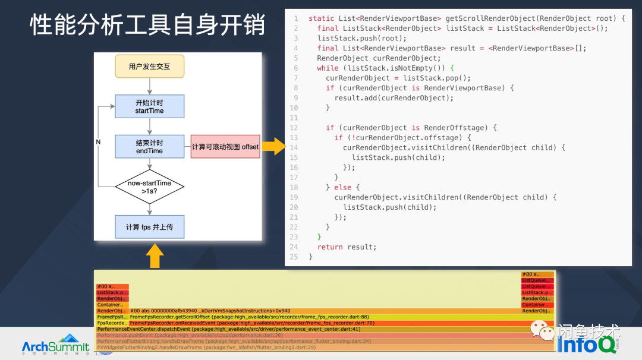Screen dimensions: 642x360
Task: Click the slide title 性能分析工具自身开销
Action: point(147,26)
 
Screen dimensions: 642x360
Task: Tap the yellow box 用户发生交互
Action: point(149,67)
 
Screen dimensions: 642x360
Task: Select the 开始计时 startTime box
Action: point(149,106)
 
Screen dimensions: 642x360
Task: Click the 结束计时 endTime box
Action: point(149,147)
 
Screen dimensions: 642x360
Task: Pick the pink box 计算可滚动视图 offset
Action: point(225,147)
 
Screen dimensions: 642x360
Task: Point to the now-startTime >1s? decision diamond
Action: point(149,187)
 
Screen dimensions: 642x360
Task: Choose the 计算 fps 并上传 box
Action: point(149,227)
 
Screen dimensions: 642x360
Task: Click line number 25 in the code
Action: point(294,257)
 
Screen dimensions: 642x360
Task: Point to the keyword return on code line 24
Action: point(330,247)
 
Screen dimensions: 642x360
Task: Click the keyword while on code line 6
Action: point(328,68)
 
